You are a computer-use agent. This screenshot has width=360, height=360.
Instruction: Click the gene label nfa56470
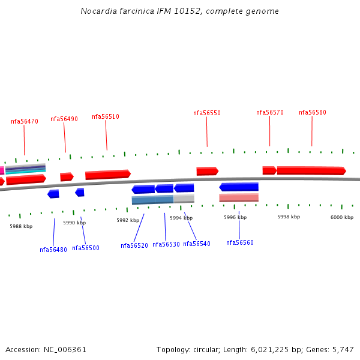click(x=25, y=121)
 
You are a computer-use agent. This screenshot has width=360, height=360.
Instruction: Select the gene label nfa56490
click(x=64, y=119)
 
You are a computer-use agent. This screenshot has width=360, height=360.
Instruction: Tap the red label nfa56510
click(x=106, y=116)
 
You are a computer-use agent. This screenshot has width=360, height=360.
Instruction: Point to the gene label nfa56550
click(x=207, y=113)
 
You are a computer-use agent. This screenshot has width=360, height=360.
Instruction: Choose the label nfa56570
click(x=270, y=112)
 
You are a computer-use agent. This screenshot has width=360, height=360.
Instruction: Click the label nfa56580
click(x=313, y=112)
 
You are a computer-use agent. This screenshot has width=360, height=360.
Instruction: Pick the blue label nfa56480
click(x=53, y=250)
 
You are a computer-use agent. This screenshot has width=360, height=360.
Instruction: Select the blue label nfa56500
click(x=86, y=248)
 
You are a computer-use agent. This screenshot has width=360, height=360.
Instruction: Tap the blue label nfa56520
click(x=134, y=245)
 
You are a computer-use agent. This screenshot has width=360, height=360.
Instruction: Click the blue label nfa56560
click(x=240, y=242)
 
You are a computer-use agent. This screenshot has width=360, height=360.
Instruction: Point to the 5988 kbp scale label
click(x=21, y=226)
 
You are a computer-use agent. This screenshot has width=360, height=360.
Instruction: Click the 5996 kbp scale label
click(x=235, y=217)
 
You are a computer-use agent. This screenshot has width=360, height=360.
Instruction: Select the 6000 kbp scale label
click(x=342, y=217)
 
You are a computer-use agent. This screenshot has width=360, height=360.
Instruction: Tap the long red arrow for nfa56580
click(x=311, y=170)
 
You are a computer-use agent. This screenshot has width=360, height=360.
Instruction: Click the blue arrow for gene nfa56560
click(x=239, y=187)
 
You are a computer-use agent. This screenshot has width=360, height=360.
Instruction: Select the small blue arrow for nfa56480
click(x=53, y=194)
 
